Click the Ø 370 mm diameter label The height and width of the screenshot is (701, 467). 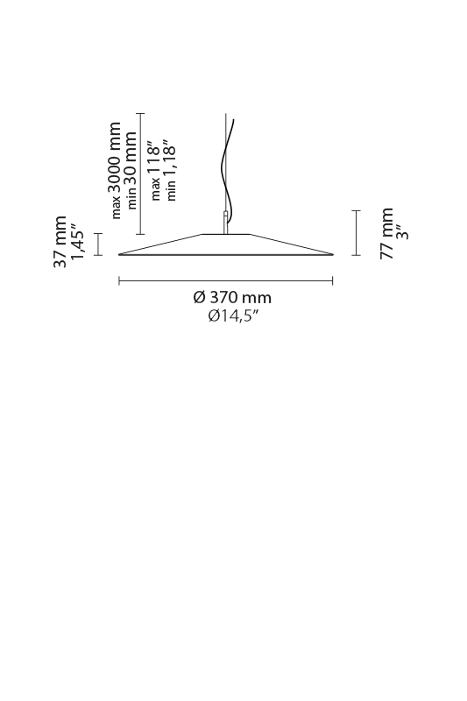click(232, 297)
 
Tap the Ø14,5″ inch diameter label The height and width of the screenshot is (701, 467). click(233, 316)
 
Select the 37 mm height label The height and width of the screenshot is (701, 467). click(60, 242)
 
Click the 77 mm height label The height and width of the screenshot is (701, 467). click(386, 233)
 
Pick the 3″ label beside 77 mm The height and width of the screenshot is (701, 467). click(404, 232)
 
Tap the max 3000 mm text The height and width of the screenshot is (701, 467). click(115, 170)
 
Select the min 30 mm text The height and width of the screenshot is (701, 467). click(131, 170)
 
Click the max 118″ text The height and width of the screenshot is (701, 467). click(154, 171)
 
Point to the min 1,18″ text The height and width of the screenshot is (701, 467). click(170, 170)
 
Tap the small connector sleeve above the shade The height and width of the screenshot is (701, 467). click(226, 222)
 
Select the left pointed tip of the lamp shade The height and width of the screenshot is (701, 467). click(118, 255)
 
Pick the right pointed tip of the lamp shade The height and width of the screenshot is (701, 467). click(333, 255)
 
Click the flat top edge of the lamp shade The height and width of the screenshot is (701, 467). click(226, 234)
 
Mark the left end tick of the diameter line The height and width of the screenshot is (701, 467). click(119, 280)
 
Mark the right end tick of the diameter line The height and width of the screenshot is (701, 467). click(332, 280)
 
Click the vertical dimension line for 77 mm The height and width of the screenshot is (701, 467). click(357, 233)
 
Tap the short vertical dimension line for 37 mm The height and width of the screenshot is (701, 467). click(98, 244)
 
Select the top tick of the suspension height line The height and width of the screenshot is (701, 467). click(141, 114)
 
